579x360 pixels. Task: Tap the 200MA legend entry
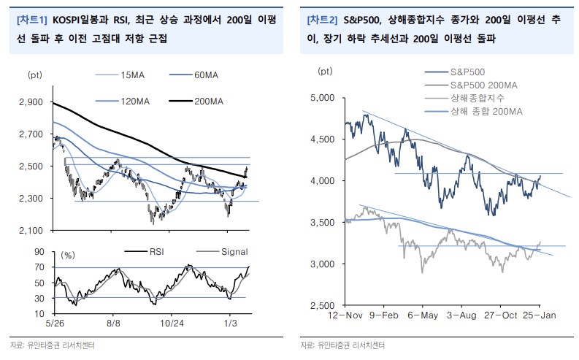click(211, 102)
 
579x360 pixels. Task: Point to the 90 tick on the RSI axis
click(39, 251)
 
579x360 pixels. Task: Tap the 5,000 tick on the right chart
click(322, 97)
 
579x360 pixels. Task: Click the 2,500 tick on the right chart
click(322, 305)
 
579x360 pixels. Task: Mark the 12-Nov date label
click(346, 315)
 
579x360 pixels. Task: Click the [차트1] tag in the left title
click(32, 20)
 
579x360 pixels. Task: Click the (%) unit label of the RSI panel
click(68, 256)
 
